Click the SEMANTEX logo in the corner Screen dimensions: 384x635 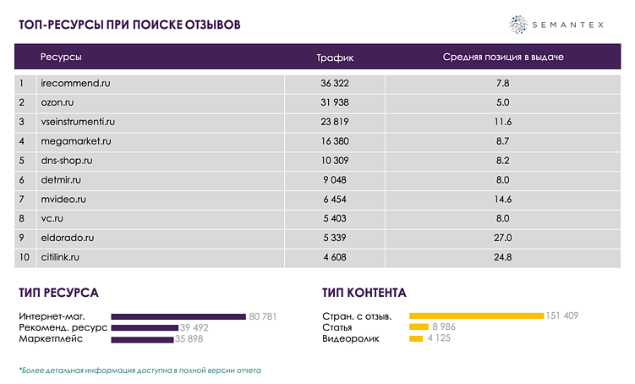point(558,25)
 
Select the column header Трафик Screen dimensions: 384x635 point(335,58)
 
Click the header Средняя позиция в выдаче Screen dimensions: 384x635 point(502,58)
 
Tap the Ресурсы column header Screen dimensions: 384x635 point(61,58)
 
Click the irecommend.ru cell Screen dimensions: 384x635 point(76,84)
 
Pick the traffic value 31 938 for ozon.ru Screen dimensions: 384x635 point(335,102)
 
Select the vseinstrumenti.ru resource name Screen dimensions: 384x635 point(84,122)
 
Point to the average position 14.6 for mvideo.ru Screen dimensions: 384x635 point(502,200)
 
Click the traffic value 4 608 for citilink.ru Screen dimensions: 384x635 point(335,257)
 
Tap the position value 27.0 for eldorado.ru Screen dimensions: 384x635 point(502,238)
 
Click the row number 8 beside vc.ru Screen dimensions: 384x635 point(22,219)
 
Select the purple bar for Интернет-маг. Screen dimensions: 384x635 point(178,316)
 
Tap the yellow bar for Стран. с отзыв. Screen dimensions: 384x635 point(476,316)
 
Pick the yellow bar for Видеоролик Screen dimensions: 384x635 point(415,339)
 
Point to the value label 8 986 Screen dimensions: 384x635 point(445,327)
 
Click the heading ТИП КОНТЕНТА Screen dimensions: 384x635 point(364,293)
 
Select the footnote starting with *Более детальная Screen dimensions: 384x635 point(140,370)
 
